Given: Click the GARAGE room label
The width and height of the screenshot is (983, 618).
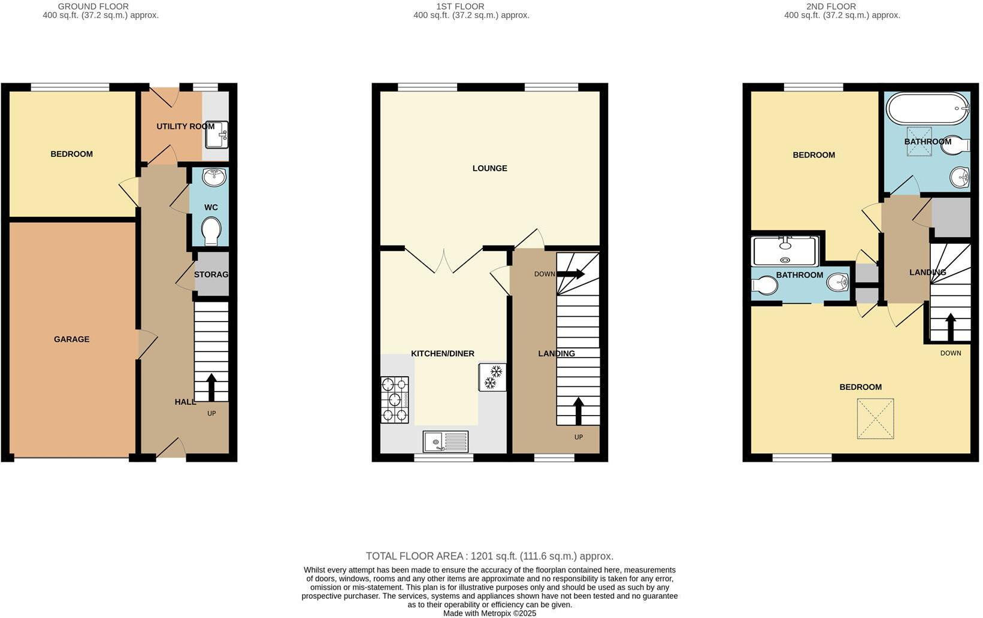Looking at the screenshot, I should click(x=71, y=339).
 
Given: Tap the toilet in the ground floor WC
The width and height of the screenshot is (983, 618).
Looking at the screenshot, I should click(x=211, y=231).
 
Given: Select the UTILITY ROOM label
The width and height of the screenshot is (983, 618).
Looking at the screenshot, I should click(x=185, y=126).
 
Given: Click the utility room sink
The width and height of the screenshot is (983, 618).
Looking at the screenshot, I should click(x=216, y=135).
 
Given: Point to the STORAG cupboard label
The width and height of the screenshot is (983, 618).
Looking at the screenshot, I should click(x=211, y=274).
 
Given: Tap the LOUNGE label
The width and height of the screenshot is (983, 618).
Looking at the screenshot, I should click(x=489, y=168).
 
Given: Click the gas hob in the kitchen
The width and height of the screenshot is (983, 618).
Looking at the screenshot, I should click(x=395, y=399).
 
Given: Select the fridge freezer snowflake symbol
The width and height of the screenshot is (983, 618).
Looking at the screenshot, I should click(x=492, y=377).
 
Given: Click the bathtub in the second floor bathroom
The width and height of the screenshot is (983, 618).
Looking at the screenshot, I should click(x=927, y=109).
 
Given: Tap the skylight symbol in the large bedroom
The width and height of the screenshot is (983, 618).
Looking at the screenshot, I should click(x=875, y=419).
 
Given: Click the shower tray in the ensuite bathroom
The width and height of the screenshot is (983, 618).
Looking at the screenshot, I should click(x=785, y=251).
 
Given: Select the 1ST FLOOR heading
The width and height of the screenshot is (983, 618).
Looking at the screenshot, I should click(x=460, y=7).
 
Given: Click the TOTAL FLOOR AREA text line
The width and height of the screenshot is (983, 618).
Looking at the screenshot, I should click(x=489, y=556).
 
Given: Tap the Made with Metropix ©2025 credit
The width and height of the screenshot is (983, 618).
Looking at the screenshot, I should click(x=489, y=613).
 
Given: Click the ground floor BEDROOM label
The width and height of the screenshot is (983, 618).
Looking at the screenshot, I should click(x=71, y=154).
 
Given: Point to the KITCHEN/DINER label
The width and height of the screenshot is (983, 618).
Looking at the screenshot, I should click(x=443, y=354).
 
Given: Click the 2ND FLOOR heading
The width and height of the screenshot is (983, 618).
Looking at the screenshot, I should click(x=831, y=7).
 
